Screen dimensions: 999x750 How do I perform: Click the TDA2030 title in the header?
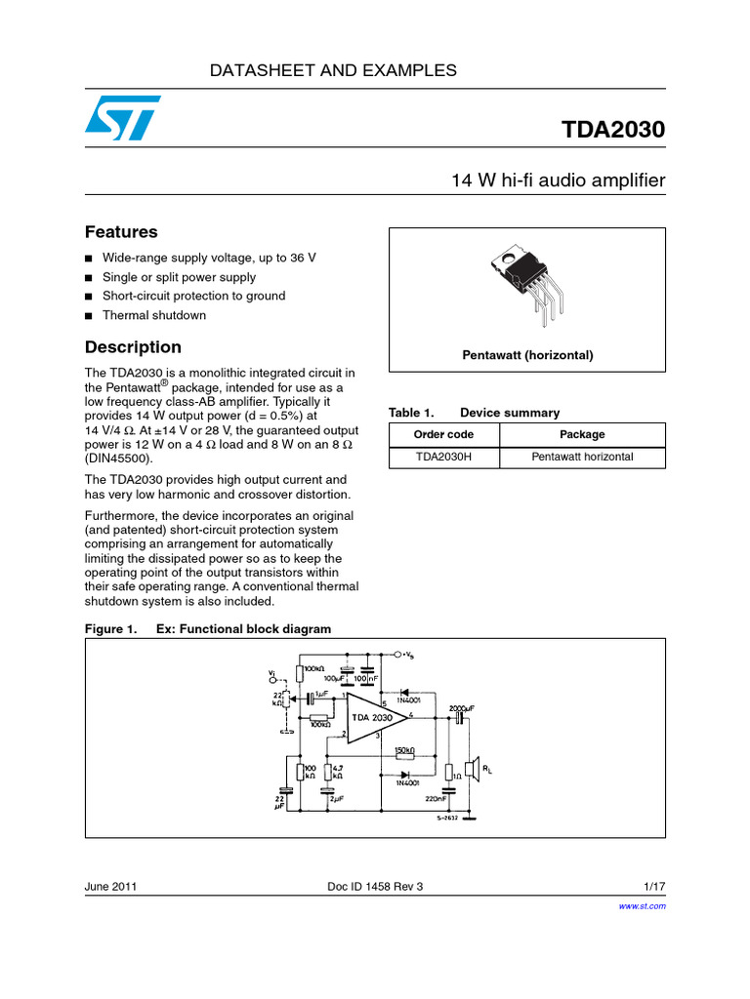pos(613,131)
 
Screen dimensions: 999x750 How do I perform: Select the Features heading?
pos(121,232)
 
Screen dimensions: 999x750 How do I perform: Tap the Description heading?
pos(133,347)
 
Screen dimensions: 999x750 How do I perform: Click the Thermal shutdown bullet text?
pos(154,315)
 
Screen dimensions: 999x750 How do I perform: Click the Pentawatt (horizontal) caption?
pos(527,355)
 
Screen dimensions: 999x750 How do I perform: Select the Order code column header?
pos(444,434)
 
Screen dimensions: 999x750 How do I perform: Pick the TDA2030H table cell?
pos(444,457)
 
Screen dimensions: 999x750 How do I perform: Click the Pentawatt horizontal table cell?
pos(582,457)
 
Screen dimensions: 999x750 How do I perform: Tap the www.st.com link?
pos(643,906)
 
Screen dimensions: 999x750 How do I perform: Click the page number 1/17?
pos(654,887)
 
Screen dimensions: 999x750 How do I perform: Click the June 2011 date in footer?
pos(110,887)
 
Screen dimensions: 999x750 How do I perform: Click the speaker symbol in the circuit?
pos(472,770)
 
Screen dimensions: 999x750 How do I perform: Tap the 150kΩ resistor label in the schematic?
pos(404,751)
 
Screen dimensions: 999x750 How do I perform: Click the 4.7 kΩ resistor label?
pos(337,774)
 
